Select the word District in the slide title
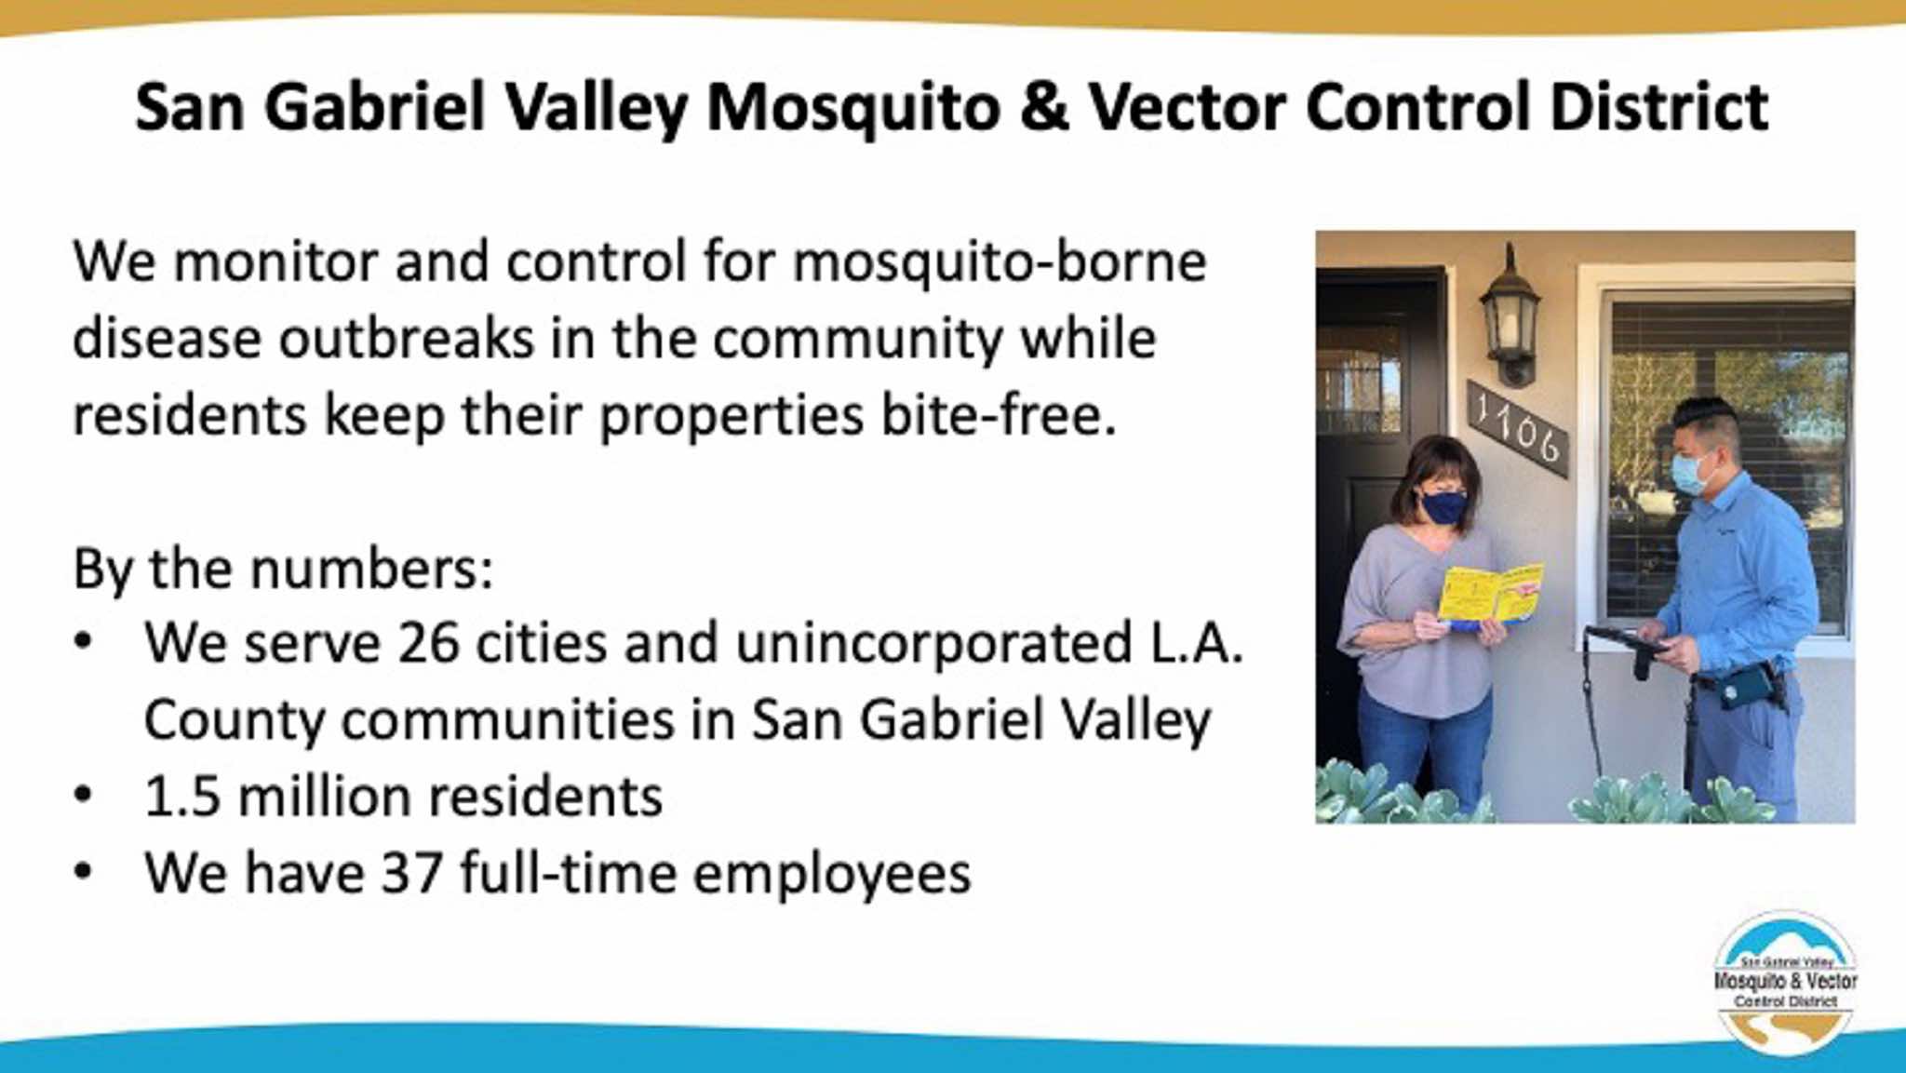point(1658,106)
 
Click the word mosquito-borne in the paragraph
point(1000,263)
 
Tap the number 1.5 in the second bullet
point(182,798)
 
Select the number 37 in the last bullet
point(411,874)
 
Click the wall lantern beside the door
point(1510,316)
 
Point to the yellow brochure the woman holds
point(1490,593)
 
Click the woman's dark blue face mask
point(1443,508)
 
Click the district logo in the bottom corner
point(1785,982)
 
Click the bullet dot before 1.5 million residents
point(84,797)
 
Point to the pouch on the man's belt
point(1739,689)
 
